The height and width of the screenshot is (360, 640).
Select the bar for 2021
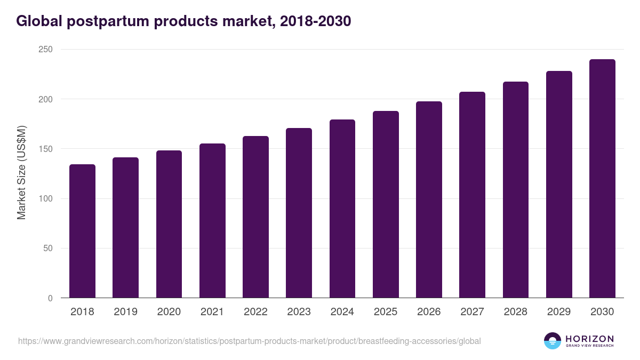(x=212, y=221)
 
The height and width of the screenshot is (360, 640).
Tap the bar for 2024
(x=342, y=209)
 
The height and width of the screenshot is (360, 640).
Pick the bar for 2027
(x=472, y=195)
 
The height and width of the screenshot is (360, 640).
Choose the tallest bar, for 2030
(x=602, y=179)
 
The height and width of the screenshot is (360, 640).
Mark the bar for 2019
(x=125, y=228)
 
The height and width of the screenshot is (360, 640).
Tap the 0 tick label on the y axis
(x=50, y=298)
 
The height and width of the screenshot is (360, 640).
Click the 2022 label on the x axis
(x=255, y=312)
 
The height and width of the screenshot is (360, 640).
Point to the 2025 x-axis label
(x=386, y=312)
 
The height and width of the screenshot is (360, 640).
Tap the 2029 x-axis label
(x=559, y=312)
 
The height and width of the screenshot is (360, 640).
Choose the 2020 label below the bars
(x=169, y=312)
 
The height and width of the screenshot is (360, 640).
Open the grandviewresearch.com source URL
(x=249, y=341)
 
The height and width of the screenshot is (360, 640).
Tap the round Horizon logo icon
(x=552, y=341)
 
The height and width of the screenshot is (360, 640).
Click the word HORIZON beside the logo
(x=589, y=338)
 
